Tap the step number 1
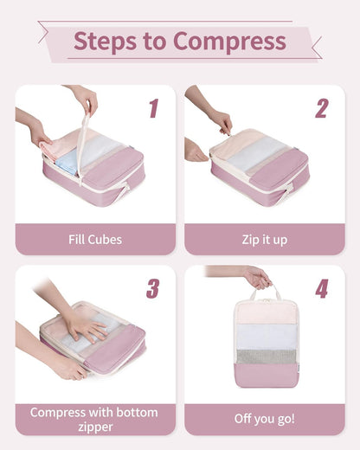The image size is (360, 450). [x=153, y=108]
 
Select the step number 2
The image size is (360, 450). [x=321, y=108]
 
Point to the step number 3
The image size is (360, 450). [x=153, y=288]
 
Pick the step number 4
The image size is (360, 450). [x=321, y=288]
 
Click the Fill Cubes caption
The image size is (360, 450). [x=95, y=240]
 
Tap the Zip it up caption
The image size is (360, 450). [x=264, y=240]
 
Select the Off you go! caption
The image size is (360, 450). [x=264, y=419]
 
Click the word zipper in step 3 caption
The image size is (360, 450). [x=95, y=427]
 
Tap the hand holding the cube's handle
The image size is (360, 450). [x=254, y=277]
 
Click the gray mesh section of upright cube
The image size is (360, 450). [x=265, y=356]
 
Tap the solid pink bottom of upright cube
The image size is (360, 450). [x=265, y=376]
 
